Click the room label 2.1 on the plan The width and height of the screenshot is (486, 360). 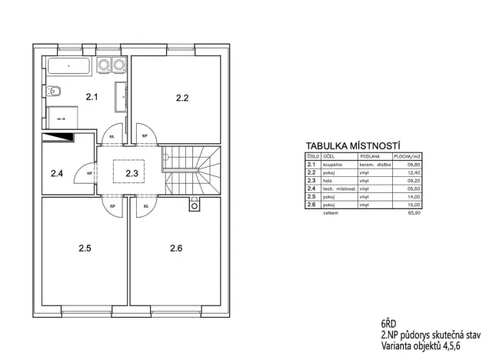(92, 97)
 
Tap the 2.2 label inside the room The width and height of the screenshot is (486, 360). (182, 98)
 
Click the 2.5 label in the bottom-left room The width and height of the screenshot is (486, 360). (85, 248)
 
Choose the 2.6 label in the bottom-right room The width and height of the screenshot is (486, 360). (177, 248)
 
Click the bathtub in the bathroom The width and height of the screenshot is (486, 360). (70, 66)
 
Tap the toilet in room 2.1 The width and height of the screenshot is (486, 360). (52, 92)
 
